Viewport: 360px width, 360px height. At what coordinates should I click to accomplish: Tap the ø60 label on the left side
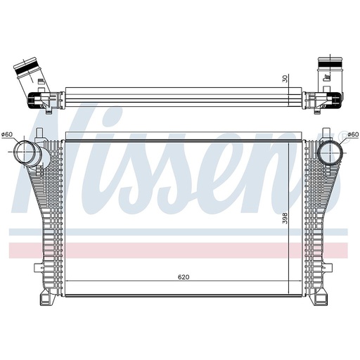click(x=8, y=135)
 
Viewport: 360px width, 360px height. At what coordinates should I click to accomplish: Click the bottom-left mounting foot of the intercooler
click(x=46, y=300)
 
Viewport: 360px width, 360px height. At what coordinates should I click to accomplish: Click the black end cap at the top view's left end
click(x=34, y=100)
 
